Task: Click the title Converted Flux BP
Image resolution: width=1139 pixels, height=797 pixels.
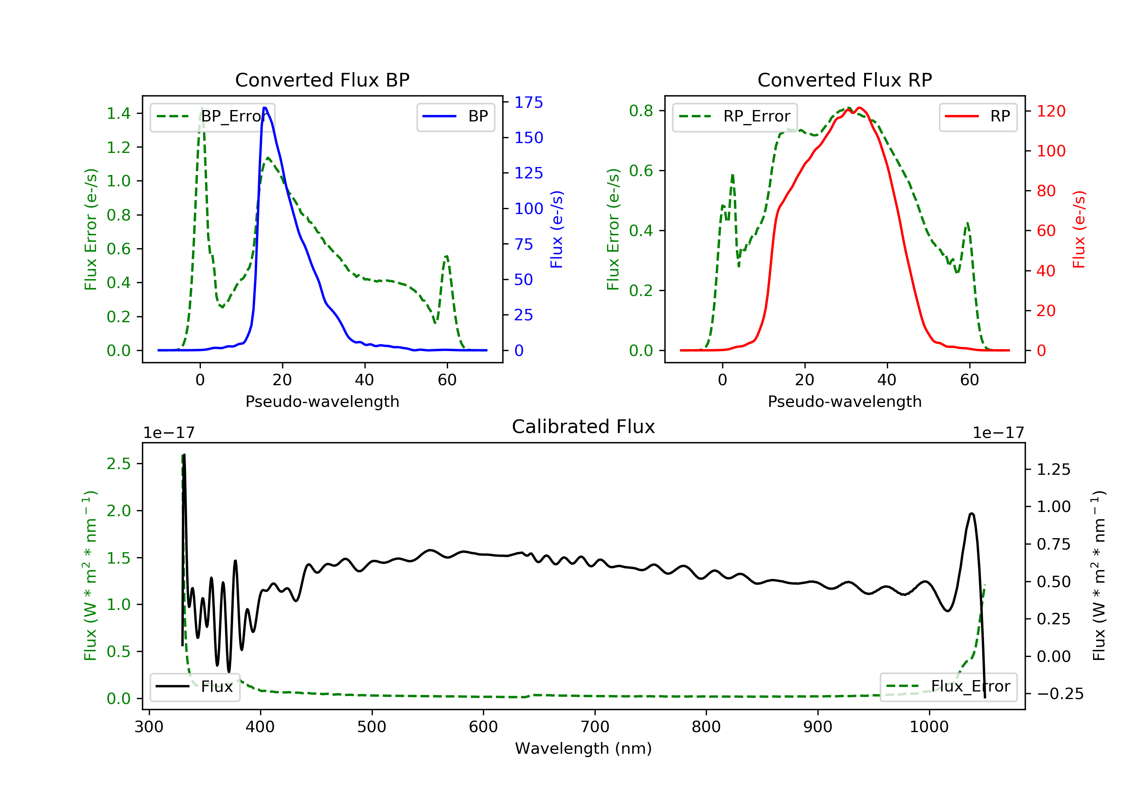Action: tap(322, 80)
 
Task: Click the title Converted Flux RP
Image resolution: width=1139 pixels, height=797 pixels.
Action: tap(844, 80)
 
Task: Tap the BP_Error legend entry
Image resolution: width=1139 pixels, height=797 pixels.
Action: tap(212, 117)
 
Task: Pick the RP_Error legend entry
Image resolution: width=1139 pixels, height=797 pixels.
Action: tap(735, 117)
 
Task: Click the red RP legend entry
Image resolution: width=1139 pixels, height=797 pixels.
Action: tap(978, 117)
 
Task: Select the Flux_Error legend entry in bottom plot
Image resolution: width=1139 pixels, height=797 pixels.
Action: tap(948, 687)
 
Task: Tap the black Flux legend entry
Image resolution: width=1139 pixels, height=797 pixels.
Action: tap(195, 687)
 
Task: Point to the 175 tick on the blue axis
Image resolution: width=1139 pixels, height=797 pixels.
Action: tap(528, 102)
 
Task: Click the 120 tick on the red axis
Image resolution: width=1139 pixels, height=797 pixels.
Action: tap(1051, 111)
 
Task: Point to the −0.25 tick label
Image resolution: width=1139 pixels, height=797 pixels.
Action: tap(1060, 693)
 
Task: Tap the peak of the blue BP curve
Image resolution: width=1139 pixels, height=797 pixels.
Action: tap(265, 108)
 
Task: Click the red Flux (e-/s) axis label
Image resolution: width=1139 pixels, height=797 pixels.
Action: tap(1079, 229)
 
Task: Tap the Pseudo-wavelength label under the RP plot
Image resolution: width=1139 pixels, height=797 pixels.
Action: tap(844, 401)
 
